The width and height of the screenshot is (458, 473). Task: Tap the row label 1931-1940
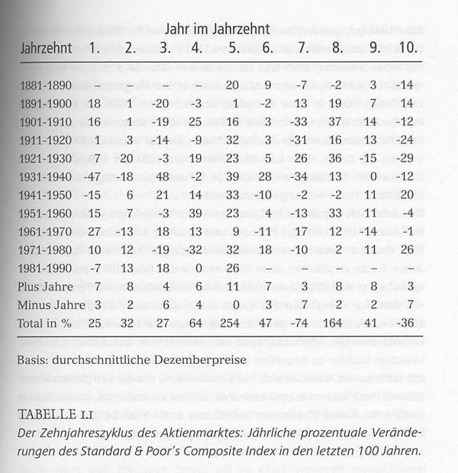point(48,176)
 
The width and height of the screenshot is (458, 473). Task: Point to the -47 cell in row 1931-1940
point(95,176)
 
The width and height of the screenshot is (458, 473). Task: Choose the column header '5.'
point(234,48)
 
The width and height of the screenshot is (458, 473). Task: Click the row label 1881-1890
point(48,85)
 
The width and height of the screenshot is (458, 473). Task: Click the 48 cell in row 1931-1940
point(162,176)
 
